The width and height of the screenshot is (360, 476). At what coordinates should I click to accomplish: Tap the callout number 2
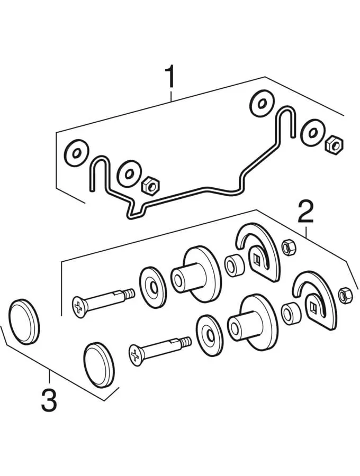point(305,212)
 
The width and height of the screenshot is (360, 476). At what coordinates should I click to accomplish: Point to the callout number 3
point(49,401)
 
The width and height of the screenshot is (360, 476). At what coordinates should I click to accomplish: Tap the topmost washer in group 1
point(262,104)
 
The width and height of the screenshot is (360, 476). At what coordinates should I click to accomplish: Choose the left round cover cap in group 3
point(24,322)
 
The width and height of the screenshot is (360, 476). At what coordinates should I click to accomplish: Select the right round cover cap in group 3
point(98,365)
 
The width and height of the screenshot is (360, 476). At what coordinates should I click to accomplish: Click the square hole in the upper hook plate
point(257,260)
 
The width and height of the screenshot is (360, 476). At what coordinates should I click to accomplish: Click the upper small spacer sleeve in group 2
point(234,265)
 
